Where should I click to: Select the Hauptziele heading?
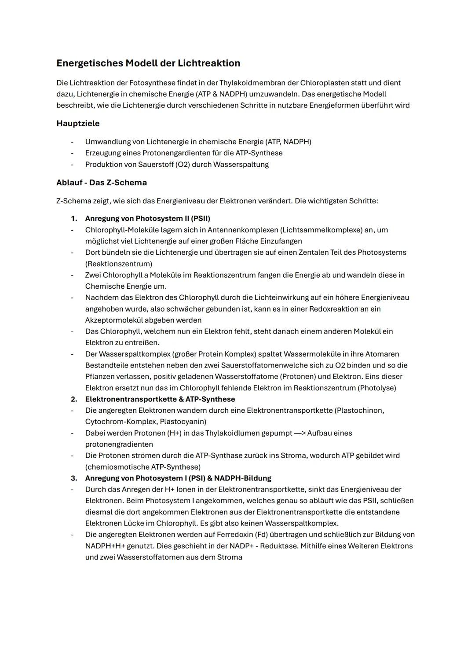78,124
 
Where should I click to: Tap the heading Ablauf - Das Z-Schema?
102,183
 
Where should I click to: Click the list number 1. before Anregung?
74,219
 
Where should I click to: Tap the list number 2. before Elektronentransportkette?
74,399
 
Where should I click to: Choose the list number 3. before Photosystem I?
74,478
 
